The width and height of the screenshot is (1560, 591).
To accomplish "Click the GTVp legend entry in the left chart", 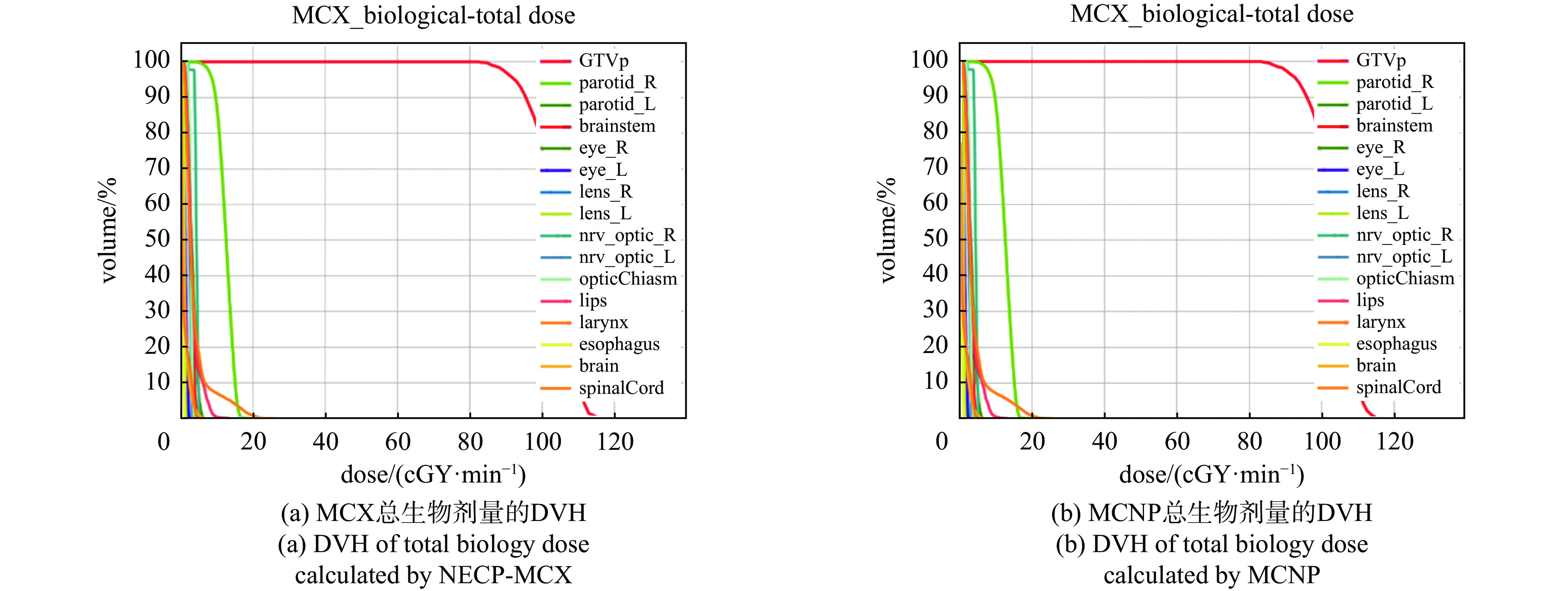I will (x=603, y=61).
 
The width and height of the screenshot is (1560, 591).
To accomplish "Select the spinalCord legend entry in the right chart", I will (x=1398, y=387).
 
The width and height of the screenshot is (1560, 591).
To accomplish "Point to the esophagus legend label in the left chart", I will (x=619, y=344).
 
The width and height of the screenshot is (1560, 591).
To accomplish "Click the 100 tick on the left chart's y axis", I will (x=151, y=60).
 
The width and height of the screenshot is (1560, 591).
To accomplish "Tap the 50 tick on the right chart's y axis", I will (x=936, y=238).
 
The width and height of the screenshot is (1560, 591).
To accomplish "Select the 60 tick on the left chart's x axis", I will (x=398, y=441).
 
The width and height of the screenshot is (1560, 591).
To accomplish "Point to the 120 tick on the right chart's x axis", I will (x=1395, y=441).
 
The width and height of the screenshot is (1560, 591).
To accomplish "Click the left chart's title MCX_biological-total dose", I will (x=434, y=15).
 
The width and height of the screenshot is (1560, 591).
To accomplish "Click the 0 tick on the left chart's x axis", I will (x=164, y=441).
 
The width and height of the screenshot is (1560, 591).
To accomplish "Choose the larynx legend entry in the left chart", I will (x=603, y=322).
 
